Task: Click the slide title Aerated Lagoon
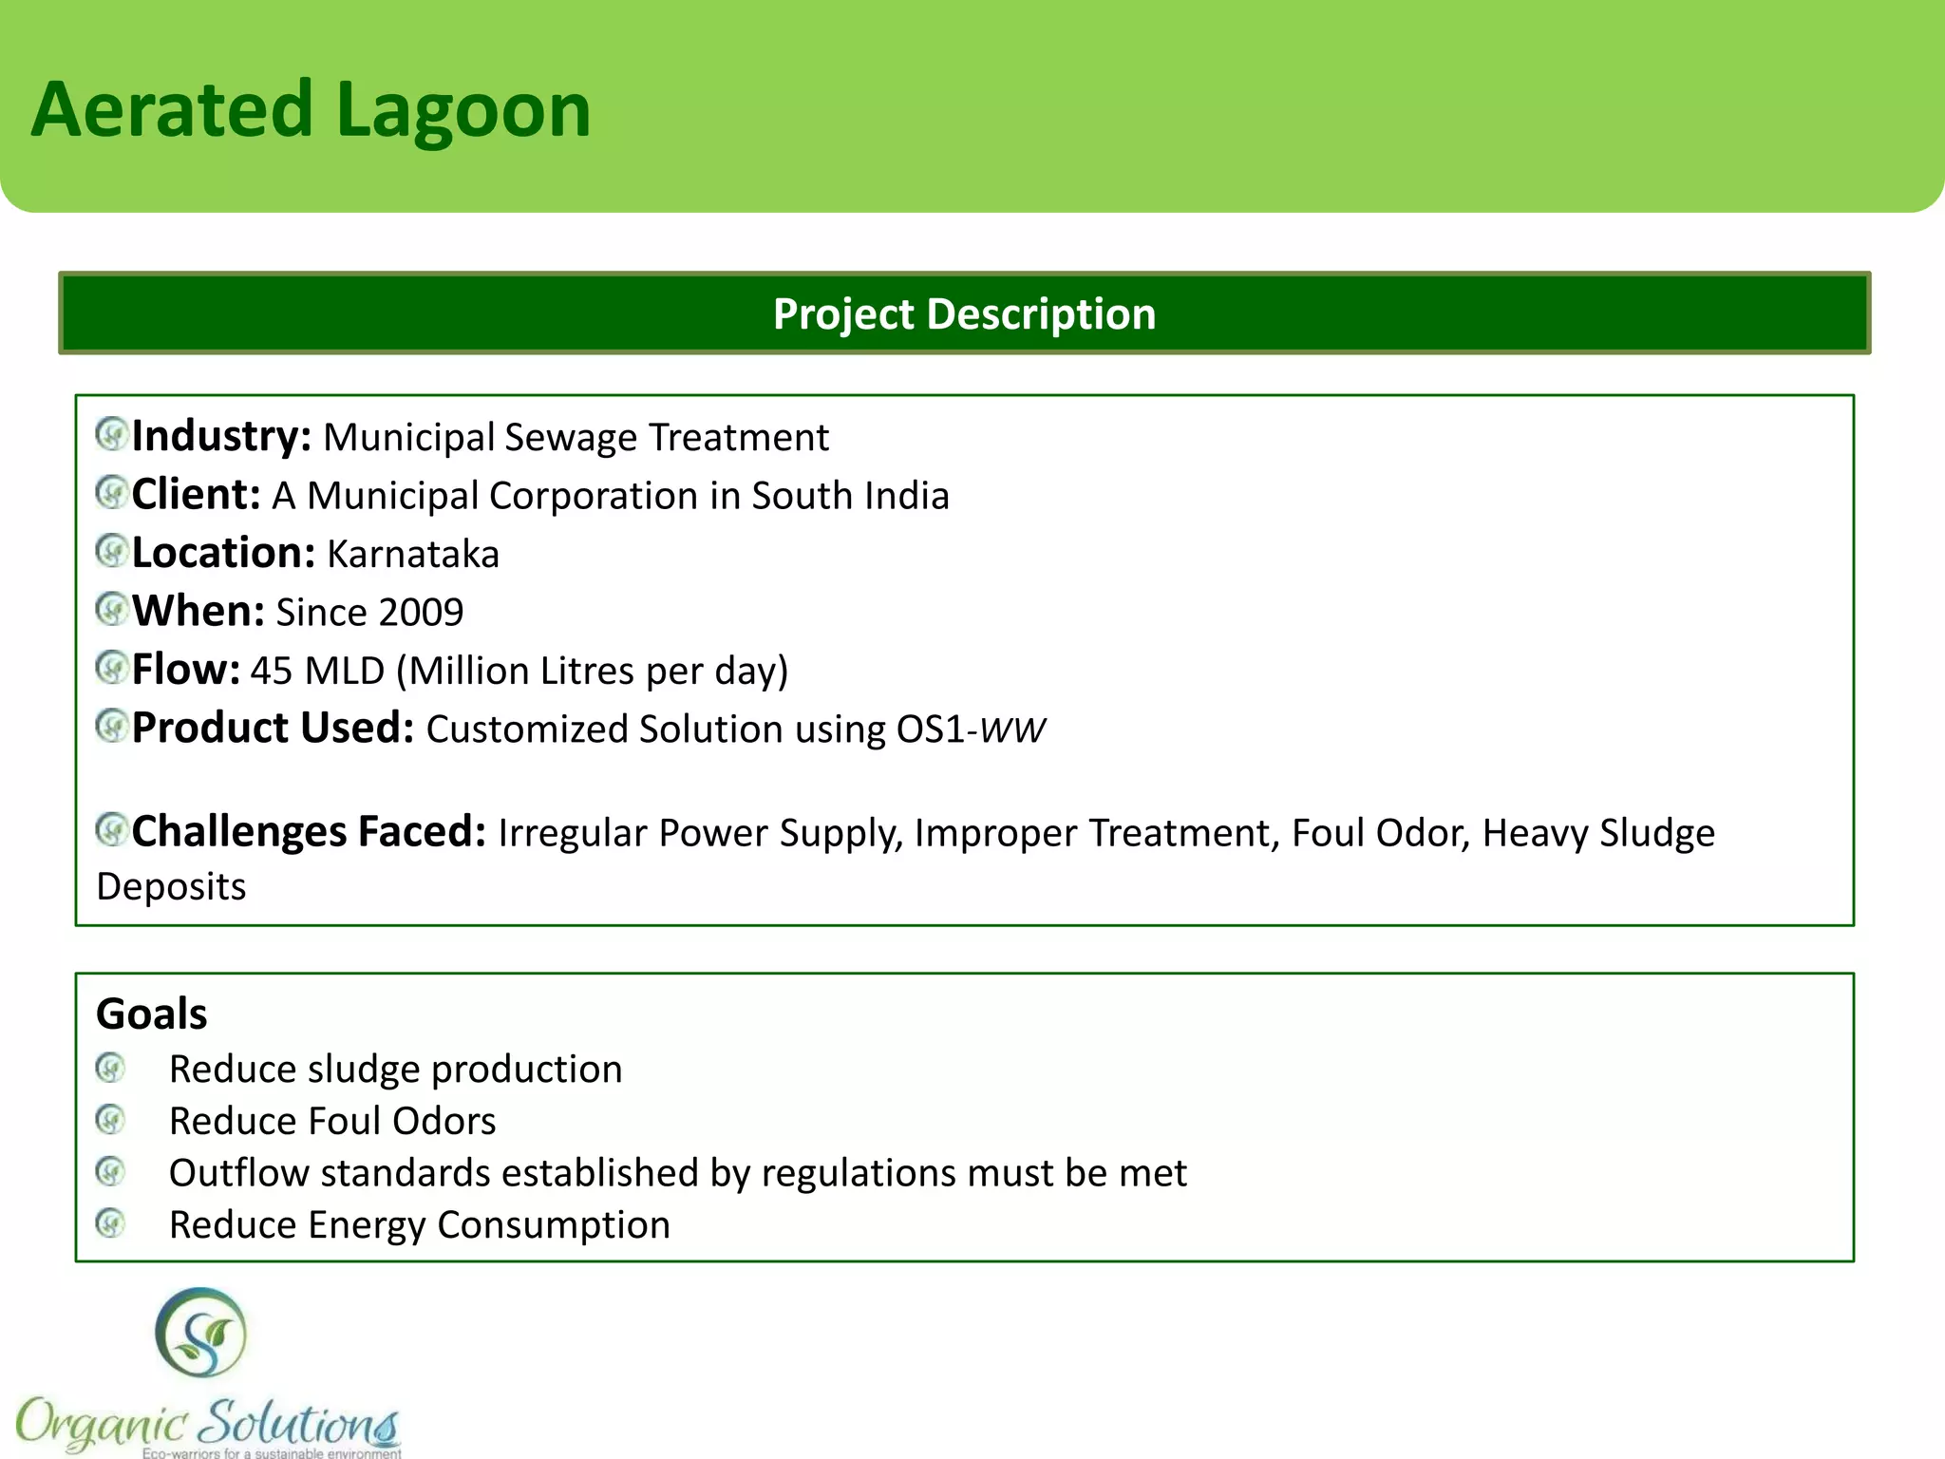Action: coord(312,110)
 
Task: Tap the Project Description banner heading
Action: coord(964,314)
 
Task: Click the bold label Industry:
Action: coord(221,437)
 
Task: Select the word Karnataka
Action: coord(413,555)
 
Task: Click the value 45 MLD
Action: coord(317,672)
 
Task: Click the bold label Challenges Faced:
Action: coord(309,832)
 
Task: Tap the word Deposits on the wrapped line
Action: coord(171,887)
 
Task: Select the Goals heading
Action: coord(152,1014)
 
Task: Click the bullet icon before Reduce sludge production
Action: coord(111,1068)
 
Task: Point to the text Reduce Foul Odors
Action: coord(332,1122)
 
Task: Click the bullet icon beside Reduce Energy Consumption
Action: coord(111,1223)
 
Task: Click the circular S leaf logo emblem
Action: coord(200,1333)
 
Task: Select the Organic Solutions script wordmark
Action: coord(207,1423)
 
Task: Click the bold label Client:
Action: coord(196,496)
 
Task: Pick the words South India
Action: coord(850,496)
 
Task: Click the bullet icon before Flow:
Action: coord(112,668)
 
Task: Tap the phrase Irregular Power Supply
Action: coord(699,833)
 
